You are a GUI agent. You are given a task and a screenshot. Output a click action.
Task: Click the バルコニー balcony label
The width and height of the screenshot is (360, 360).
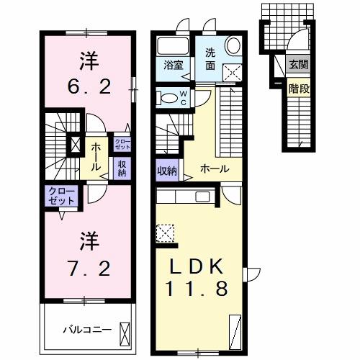coord(86,330)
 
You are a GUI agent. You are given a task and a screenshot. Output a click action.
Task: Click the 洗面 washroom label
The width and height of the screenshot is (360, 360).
coord(211,58)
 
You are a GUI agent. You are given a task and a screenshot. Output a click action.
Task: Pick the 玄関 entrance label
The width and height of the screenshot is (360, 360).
coord(297,64)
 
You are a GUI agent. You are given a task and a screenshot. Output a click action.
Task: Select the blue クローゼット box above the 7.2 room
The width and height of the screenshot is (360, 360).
coord(60,196)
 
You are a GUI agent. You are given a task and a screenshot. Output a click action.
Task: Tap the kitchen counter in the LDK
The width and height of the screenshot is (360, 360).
coord(184,197)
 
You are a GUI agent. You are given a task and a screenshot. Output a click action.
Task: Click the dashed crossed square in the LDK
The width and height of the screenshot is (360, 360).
coord(165,233)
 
